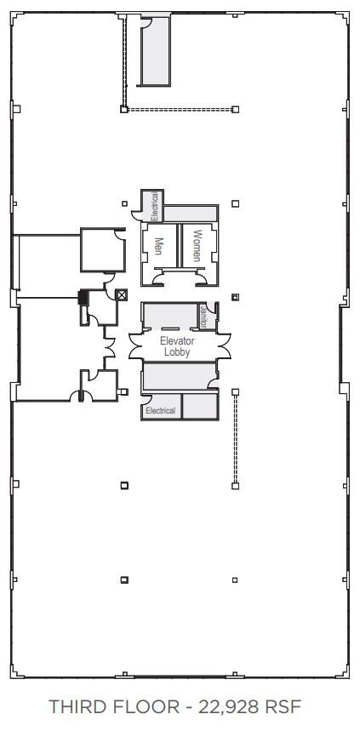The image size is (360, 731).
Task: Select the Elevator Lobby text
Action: click(x=177, y=346)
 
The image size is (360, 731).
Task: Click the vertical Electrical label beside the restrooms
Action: click(x=155, y=208)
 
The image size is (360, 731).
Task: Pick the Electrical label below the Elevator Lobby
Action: click(x=160, y=410)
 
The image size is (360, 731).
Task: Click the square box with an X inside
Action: click(x=122, y=294)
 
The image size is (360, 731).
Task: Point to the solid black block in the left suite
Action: click(x=83, y=297)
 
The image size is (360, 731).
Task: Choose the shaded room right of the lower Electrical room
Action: click(x=200, y=406)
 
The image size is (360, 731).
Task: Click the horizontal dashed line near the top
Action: click(x=179, y=109)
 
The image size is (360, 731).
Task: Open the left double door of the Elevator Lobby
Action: click(x=134, y=346)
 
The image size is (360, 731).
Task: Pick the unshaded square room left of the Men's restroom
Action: click(x=103, y=249)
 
